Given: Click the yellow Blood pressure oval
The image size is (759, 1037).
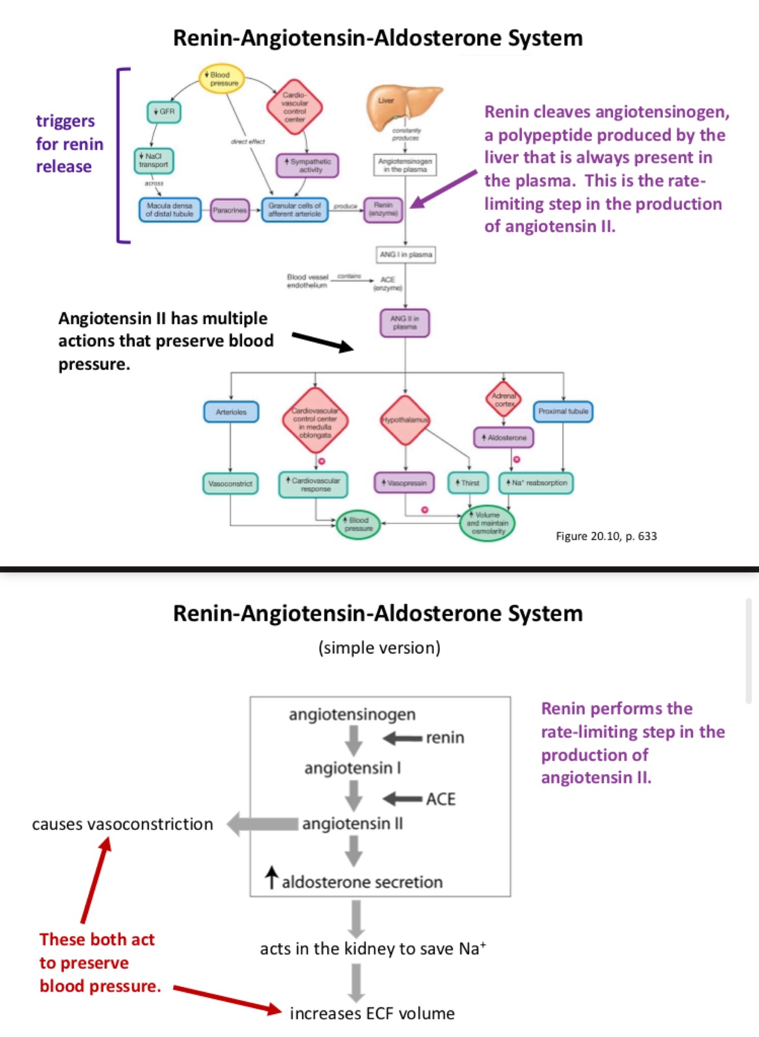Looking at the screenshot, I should coord(222,79).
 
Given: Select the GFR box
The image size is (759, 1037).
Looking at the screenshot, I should coord(164,111).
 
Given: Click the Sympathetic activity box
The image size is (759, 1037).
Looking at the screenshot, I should coord(307,166).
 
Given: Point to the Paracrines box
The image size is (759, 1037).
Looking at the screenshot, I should coord(230,210).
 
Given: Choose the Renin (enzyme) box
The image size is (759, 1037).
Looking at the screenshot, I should coord(383,209).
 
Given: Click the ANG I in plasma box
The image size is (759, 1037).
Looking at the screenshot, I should coord(406,254).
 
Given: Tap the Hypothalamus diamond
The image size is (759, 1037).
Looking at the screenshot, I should coord(405,420).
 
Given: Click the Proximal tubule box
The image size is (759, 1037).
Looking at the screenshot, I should coord(563,411).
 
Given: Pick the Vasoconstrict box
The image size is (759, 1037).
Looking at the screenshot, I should coord(230,484).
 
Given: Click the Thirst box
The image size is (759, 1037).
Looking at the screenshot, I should coord(468,483).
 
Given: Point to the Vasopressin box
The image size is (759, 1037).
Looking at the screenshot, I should coord(404,483).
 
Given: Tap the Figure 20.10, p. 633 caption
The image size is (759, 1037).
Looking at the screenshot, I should coord(606,536).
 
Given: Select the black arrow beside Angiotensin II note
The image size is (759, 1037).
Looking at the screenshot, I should coord(323,342).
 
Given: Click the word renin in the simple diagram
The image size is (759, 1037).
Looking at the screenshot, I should coord(445,738).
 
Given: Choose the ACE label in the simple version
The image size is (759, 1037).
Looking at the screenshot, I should coord(441,799).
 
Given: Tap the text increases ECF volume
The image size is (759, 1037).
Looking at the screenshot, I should coord(372,1013).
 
